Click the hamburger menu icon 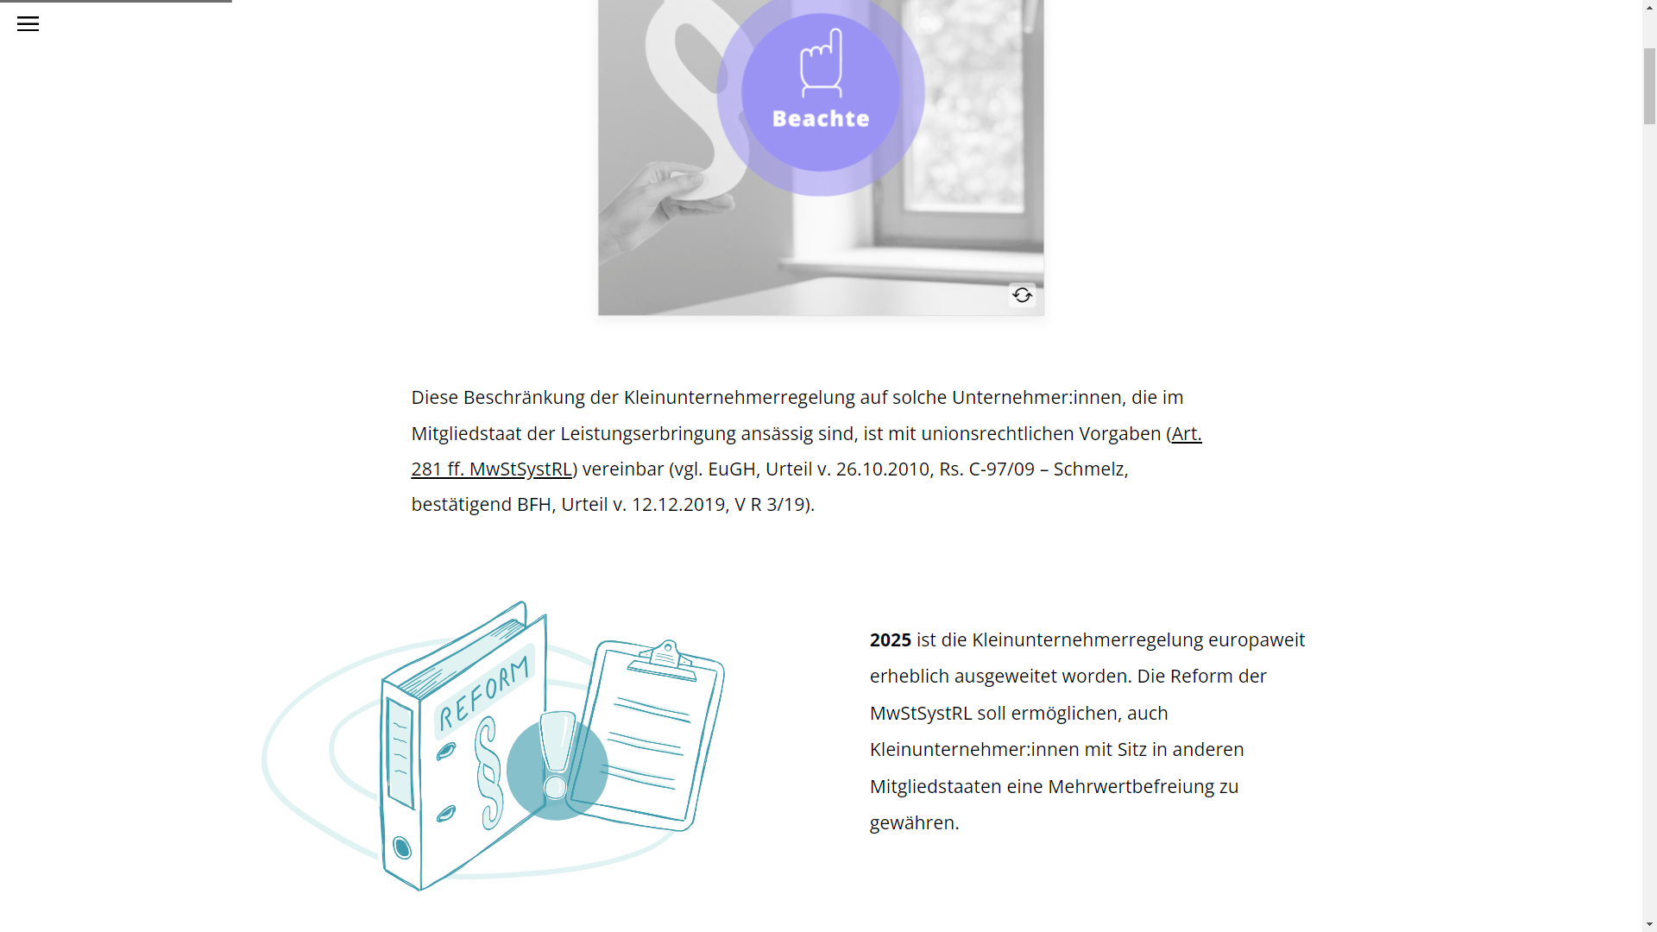click(x=28, y=24)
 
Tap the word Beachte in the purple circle click(x=821, y=118)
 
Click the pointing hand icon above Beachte click(x=822, y=62)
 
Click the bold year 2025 click(x=891, y=640)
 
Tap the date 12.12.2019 click(x=678, y=505)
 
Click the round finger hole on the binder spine click(x=401, y=847)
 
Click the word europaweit click(x=1257, y=640)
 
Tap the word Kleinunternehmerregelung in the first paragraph click(x=739, y=398)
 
